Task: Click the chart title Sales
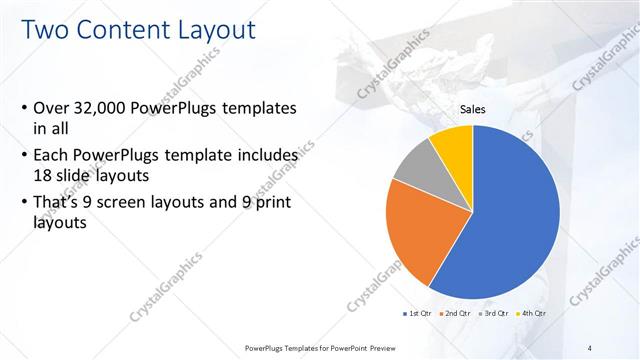[x=473, y=108]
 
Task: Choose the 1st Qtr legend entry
[x=418, y=313]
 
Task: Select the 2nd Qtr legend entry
[x=457, y=313]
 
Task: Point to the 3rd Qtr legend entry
[x=495, y=313]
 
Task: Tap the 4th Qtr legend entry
[x=533, y=313]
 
